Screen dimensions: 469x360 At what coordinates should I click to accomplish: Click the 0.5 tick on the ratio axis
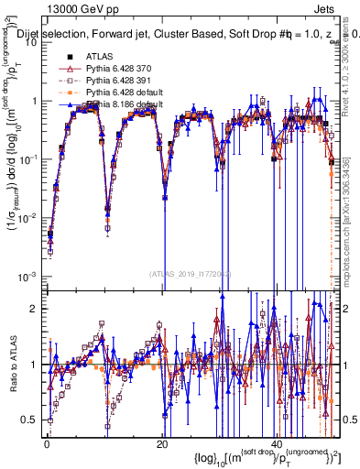point(31,420)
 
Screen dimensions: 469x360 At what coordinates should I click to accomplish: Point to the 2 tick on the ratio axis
point(35,308)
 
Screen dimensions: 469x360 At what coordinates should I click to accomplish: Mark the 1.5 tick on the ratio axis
point(31,335)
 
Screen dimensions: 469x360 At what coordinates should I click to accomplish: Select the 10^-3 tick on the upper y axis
point(27,276)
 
